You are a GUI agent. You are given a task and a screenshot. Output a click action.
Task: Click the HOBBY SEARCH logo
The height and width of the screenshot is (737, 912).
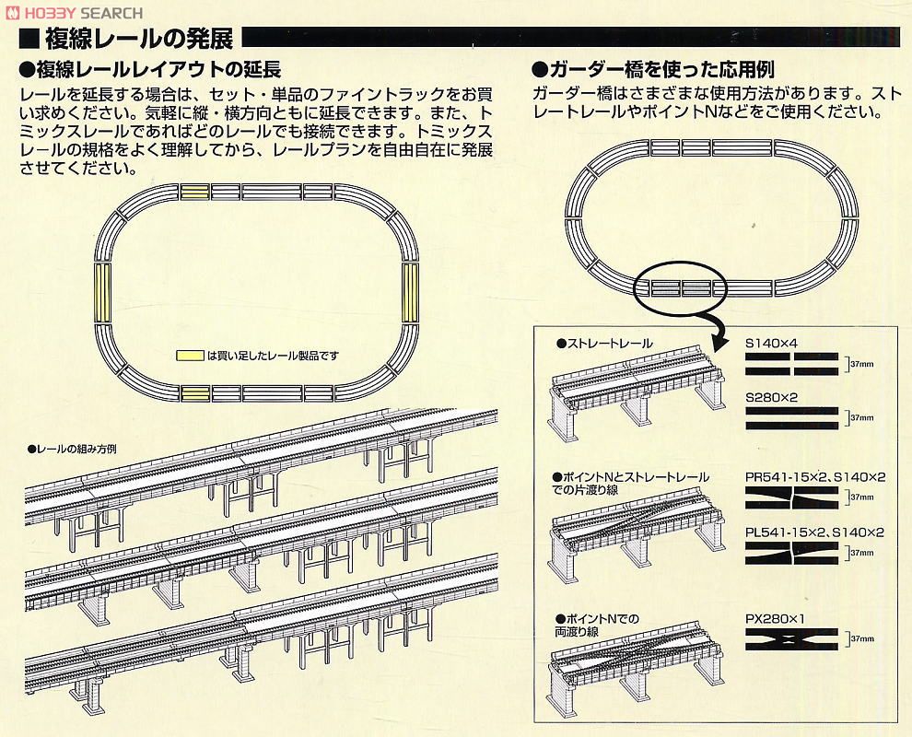(x=74, y=12)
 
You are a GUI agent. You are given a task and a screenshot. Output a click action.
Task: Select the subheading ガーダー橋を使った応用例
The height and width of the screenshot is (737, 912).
(x=659, y=71)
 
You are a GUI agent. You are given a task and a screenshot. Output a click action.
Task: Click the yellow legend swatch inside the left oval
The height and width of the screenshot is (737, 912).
(x=191, y=355)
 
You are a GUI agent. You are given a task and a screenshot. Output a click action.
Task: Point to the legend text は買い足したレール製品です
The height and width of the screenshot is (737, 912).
(x=274, y=355)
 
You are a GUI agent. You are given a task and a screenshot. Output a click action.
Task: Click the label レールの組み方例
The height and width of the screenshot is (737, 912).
(x=78, y=450)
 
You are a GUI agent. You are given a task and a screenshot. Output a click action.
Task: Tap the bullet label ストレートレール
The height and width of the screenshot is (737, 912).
(x=608, y=344)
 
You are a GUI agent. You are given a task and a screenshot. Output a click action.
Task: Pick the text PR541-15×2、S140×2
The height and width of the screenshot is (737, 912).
(x=814, y=478)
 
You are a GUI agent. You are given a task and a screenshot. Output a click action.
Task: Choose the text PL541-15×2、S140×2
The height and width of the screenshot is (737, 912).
(x=814, y=532)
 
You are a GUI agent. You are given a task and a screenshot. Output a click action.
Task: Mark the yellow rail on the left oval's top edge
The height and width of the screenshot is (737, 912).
(x=195, y=192)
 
